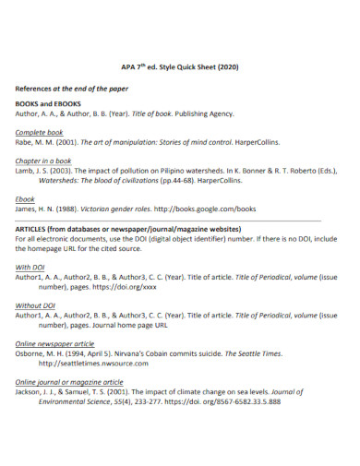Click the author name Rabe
click(x=25, y=143)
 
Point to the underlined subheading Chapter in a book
click(x=43, y=161)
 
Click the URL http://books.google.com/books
click(x=204, y=209)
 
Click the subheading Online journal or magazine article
click(x=69, y=381)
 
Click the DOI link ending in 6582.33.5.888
click(x=221, y=401)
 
